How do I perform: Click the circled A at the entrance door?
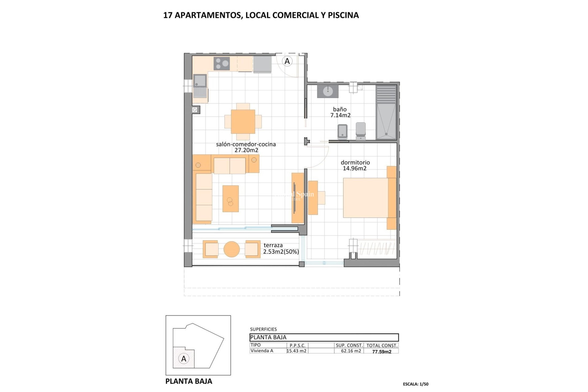point(287,61)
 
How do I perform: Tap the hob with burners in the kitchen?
point(222,64)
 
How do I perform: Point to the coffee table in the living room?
point(231,198)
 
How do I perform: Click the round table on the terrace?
point(232,249)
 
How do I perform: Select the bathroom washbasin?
point(328,91)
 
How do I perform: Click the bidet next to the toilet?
point(342,131)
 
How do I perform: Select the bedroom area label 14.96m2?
point(355,168)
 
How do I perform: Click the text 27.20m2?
point(246,150)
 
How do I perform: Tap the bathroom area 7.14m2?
point(340,115)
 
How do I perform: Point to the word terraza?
point(273,245)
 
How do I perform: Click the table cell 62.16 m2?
point(351,351)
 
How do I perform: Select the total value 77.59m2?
point(382,352)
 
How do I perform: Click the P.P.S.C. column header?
point(297,345)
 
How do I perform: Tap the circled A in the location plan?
point(184,359)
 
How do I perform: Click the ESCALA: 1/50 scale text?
point(416,384)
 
